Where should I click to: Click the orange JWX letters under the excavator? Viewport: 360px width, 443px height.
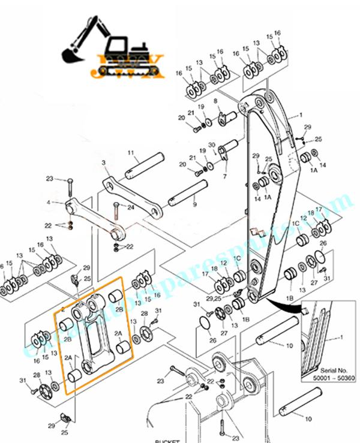(127, 68)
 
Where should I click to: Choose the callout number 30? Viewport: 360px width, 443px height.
(212, 144)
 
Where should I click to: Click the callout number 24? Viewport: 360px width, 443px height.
(130, 208)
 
